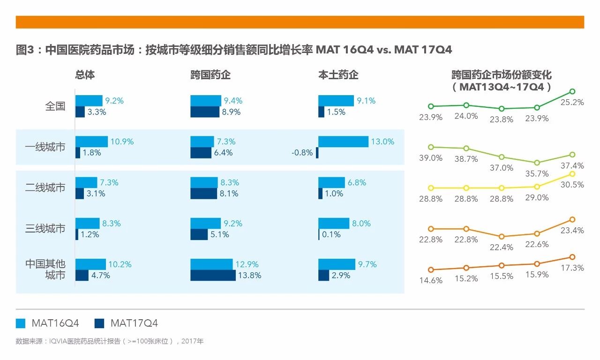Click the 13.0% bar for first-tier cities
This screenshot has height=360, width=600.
point(343,142)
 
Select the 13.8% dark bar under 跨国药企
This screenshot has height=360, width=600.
point(213,276)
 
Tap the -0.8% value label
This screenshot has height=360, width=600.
point(302,153)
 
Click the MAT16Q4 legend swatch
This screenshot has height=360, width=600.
point(20,323)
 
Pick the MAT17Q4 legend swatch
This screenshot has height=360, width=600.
point(99,323)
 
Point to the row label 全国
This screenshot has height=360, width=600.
point(55,106)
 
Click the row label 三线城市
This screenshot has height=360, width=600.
point(45,229)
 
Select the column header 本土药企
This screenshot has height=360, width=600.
point(338,75)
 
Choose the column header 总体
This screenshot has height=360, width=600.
point(85,75)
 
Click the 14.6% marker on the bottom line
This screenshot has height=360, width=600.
point(431,270)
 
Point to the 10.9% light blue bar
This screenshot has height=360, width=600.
point(91,142)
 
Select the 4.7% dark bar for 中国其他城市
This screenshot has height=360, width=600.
point(82,276)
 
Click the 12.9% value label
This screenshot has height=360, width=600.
point(247,264)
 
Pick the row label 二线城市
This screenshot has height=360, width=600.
point(45,188)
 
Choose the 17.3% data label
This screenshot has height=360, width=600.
point(572,268)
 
